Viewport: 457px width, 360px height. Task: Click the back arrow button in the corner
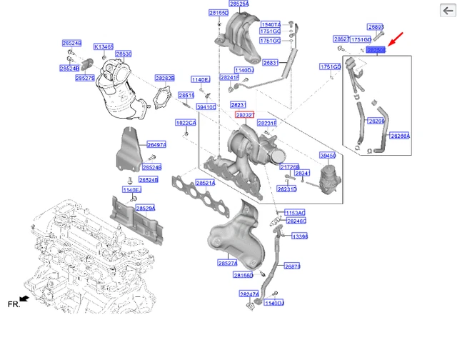click(443, 11)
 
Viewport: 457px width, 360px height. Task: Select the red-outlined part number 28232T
click(244, 114)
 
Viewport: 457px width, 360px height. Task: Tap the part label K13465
click(104, 46)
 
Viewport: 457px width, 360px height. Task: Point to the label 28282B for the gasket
click(164, 76)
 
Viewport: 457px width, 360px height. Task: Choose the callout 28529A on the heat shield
click(146, 208)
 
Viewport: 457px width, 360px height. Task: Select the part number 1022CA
click(185, 122)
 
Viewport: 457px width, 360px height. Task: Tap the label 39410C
click(206, 106)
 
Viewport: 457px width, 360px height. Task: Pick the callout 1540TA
click(271, 24)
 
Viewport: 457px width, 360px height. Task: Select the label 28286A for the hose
click(400, 134)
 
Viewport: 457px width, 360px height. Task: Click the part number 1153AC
click(295, 213)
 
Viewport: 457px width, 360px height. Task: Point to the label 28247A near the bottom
click(249, 294)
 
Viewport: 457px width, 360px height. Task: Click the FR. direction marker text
click(13, 304)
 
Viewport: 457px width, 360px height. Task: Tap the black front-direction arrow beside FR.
click(25, 298)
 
